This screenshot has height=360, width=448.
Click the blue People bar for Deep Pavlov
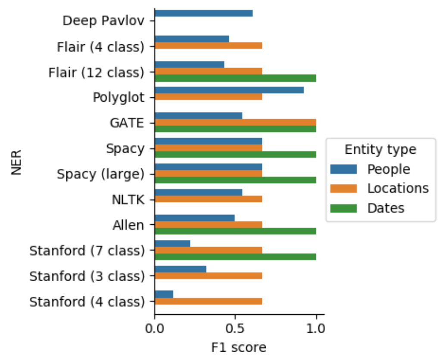pos(203,13)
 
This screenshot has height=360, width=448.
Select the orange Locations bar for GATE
pos(235,122)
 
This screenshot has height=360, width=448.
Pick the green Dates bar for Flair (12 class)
pos(235,78)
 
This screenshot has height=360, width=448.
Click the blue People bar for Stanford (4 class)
pos(164,294)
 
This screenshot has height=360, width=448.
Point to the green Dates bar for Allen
pos(235,231)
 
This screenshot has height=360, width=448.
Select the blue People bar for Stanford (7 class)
pos(172,243)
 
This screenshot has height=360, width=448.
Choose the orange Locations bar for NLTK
pos(208,199)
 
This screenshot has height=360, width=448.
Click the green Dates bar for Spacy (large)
pos(235,180)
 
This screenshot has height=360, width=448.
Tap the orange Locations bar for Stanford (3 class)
pos(208,276)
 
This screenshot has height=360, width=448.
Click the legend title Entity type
pos(380,149)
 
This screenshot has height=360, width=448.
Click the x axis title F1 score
pos(238,348)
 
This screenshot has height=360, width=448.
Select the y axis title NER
pos(16,162)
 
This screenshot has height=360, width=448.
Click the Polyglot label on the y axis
pos(118,97)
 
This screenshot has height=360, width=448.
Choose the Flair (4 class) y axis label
pos(100,47)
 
